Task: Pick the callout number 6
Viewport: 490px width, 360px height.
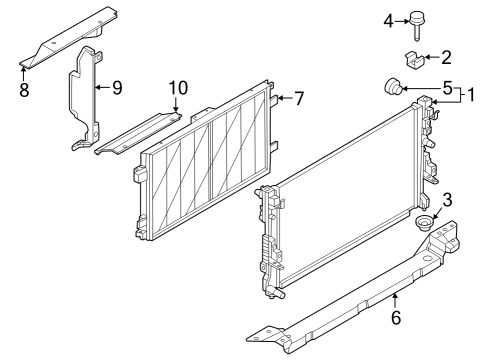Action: pyautogui.click(x=396, y=318)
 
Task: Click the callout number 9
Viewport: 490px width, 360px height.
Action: pyautogui.click(x=117, y=88)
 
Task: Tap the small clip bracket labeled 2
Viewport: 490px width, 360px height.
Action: pyautogui.click(x=415, y=61)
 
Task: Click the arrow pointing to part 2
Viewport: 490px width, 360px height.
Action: pyautogui.click(x=431, y=58)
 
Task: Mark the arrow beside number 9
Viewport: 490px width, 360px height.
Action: pyautogui.click(x=102, y=88)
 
